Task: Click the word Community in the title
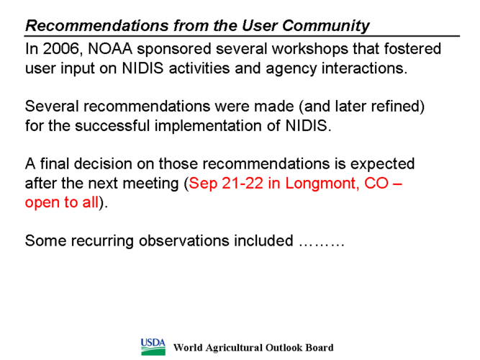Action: click(x=326, y=26)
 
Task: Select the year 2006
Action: click(x=61, y=49)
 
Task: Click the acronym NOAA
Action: click(x=110, y=49)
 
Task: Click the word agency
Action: click(x=291, y=68)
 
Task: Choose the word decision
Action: click(x=103, y=164)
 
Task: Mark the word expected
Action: click(x=382, y=164)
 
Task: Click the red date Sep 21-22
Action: click(x=226, y=183)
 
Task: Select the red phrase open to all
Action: click(x=62, y=202)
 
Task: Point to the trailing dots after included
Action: click(x=322, y=245)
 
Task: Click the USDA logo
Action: click(x=153, y=347)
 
